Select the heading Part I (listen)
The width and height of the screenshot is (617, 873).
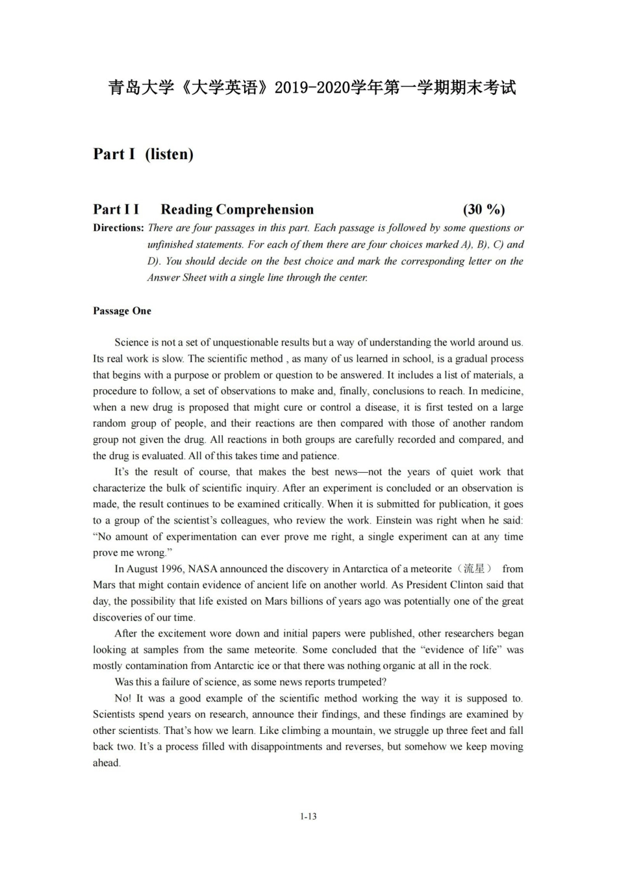(143, 154)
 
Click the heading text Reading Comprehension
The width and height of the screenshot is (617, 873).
(237, 209)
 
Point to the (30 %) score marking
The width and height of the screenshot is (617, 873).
(483, 209)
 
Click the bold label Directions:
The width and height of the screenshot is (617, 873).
(118, 228)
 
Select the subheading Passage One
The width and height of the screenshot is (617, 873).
(122, 311)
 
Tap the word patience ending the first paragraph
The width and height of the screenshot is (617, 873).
(318, 456)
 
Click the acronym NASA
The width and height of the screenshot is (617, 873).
(203, 569)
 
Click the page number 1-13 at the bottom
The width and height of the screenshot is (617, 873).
(308, 816)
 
